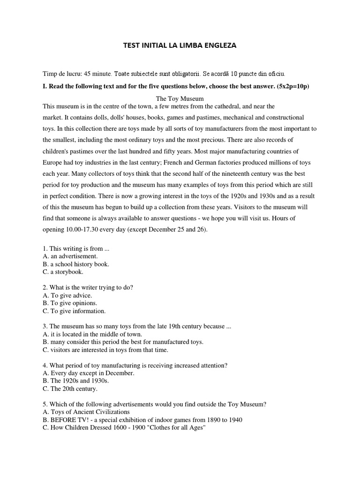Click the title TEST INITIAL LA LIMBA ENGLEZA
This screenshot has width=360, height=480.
(x=180, y=45)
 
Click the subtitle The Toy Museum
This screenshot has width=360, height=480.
(x=180, y=98)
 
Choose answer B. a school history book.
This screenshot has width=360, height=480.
(x=76, y=264)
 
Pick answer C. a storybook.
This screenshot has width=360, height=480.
(x=63, y=271)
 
